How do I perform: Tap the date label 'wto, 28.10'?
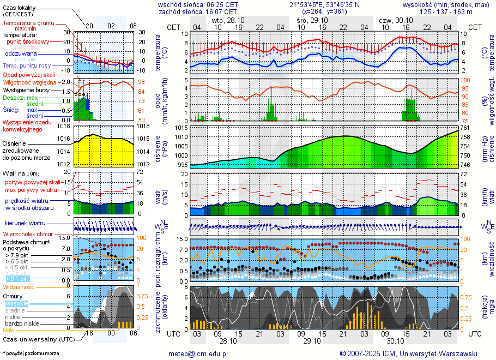(228, 20)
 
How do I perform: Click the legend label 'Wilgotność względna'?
(29, 82)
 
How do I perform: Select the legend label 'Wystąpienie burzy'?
(26, 89)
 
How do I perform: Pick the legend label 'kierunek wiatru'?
(25, 224)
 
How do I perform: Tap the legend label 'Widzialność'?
(19, 286)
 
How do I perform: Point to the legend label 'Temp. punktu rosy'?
(27, 65)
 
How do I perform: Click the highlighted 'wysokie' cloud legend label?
(16, 303)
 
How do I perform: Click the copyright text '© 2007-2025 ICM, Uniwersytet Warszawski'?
(408, 353)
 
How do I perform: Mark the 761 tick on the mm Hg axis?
(465, 128)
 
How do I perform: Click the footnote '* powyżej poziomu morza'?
(31, 353)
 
